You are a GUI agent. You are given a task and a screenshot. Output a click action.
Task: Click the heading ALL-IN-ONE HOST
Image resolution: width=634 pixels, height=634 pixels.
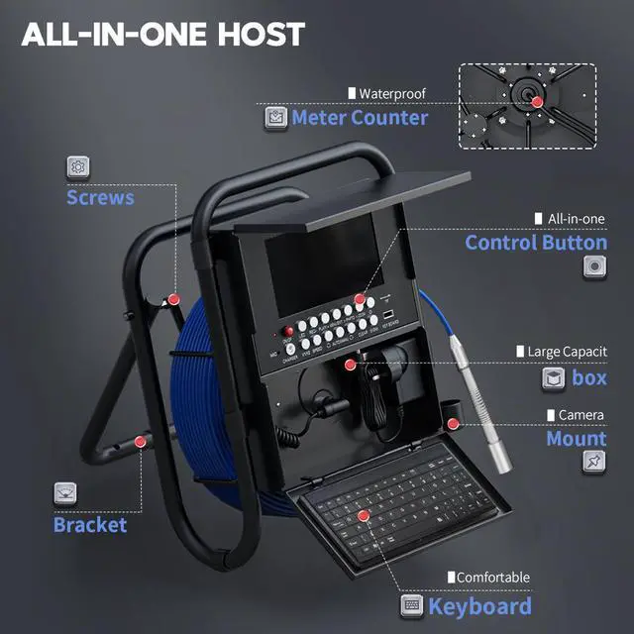click(x=163, y=34)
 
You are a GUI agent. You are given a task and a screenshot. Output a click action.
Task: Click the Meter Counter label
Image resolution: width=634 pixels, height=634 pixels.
click(x=360, y=118)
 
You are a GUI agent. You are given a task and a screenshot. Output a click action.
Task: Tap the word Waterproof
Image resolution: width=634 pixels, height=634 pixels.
click(x=392, y=93)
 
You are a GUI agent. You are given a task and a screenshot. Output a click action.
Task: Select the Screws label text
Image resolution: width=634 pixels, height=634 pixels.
click(x=100, y=196)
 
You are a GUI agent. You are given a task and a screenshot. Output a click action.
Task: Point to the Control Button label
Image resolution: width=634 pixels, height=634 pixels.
click(x=536, y=243)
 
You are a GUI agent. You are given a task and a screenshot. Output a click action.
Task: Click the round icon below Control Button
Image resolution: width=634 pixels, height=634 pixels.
click(x=594, y=265)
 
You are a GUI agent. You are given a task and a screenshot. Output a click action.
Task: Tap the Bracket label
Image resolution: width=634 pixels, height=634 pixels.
click(x=90, y=524)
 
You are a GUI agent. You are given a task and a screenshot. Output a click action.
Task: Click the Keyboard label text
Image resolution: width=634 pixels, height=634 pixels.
click(x=480, y=605)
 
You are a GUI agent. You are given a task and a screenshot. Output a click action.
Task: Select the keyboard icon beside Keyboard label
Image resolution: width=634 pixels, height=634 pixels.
click(x=412, y=605)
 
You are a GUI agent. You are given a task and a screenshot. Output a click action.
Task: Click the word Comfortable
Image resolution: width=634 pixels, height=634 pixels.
click(x=492, y=577)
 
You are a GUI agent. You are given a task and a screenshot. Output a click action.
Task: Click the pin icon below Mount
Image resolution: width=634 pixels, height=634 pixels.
click(x=594, y=461)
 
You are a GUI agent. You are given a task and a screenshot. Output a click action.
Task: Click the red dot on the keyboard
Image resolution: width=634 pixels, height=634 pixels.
click(x=365, y=516)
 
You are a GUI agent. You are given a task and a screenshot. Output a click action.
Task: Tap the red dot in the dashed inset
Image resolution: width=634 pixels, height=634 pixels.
click(x=536, y=101)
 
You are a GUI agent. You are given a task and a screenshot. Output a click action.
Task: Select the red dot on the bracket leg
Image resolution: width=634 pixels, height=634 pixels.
click(x=141, y=440)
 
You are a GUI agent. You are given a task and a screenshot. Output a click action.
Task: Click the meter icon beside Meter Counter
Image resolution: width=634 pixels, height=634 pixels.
click(x=275, y=118)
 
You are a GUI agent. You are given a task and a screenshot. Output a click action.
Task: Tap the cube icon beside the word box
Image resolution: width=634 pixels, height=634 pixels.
click(x=554, y=377)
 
